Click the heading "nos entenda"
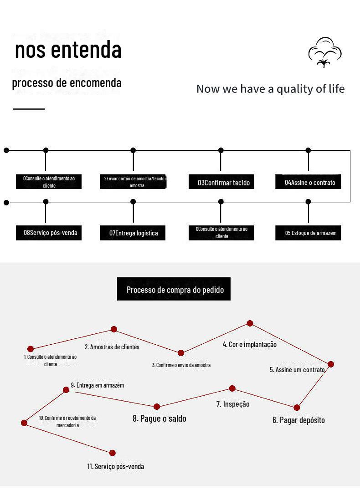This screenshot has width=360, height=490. (68, 50)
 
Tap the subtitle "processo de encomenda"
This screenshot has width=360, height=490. (67, 83)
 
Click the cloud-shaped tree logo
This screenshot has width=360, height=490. (324, 52)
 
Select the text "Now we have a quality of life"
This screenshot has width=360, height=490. (270, 89)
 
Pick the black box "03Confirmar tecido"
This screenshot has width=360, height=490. (221, 183)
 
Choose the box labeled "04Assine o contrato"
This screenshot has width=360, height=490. (309, 183)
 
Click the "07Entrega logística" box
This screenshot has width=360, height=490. (133, 233)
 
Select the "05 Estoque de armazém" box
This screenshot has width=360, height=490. (309, 233)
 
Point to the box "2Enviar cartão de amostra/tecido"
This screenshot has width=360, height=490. (133, 182)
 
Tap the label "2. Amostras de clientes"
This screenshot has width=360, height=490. (112, 347)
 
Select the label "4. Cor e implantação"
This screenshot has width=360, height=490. (250, 344)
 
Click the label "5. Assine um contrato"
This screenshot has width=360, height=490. (297, 370)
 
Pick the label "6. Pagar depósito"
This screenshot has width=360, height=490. (298, 420)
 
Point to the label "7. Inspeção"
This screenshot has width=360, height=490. (233, 404)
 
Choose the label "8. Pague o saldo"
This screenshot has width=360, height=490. (159, 419)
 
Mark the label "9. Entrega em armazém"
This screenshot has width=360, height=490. (98, 385)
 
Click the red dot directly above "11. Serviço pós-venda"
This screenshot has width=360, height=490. (113, 453)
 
